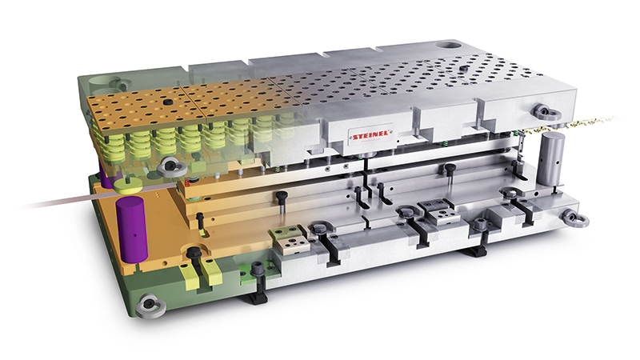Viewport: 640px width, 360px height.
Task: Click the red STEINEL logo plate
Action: pos(371,135)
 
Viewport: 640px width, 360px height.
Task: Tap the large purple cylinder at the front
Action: pos(131,229)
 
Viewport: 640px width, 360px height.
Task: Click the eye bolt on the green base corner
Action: pos(150,306)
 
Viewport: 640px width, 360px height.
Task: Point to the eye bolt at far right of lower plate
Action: pos(575,217)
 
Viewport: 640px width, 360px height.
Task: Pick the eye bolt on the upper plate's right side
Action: pos(546,111)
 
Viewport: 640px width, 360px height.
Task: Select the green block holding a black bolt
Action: pos(258,273)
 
